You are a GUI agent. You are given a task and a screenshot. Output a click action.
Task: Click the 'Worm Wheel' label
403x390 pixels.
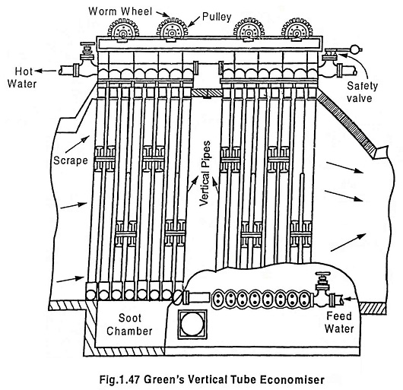tap(120, 11)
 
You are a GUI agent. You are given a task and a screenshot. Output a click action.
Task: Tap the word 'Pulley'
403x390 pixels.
tap(217, 17)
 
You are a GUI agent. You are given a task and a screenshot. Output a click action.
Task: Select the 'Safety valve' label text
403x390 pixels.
tap(362, 92)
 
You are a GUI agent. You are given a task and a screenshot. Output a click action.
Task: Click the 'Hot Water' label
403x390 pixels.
tap(22, 78)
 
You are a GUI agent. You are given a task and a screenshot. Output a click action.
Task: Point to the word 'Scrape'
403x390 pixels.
tap(71, 160)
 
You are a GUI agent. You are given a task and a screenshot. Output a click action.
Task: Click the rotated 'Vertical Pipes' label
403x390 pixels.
tap(205, 173)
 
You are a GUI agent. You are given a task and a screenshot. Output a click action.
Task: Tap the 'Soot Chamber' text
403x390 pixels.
tap(129, 325)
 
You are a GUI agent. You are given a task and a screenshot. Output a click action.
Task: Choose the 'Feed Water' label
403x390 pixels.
tap(339, 322)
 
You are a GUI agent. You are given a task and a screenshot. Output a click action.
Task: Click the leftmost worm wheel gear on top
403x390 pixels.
tap(123, 29)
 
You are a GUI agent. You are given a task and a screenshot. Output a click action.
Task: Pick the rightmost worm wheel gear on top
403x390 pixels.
tap(297, 29)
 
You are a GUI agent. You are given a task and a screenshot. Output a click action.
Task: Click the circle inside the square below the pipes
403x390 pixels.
tap(192, 324)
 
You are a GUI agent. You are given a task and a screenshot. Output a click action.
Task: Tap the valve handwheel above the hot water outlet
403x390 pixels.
tap(87, 45)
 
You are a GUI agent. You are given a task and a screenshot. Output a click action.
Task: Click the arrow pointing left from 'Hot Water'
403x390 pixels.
tap(46, 71)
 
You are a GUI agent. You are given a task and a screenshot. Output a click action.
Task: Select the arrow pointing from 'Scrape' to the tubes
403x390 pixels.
tap(77, 144)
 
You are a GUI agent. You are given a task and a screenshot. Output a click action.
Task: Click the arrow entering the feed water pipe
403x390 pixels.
tap(351, 299)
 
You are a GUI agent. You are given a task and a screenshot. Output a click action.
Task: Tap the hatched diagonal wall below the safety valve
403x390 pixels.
tap(346, 123)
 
